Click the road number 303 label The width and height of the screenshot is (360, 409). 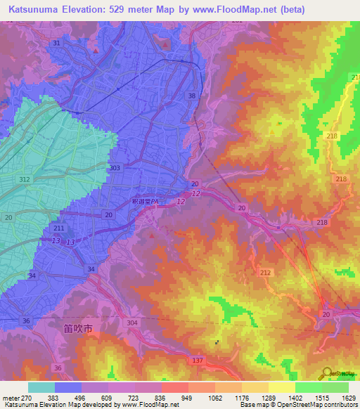coord(115,168)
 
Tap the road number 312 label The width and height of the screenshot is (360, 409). coord(25,180)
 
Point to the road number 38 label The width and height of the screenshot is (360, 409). coord(193,95)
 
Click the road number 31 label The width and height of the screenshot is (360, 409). coord(56,43)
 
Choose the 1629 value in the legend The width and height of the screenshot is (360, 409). coord(348,397)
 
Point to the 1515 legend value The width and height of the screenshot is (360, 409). coord(322,397)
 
